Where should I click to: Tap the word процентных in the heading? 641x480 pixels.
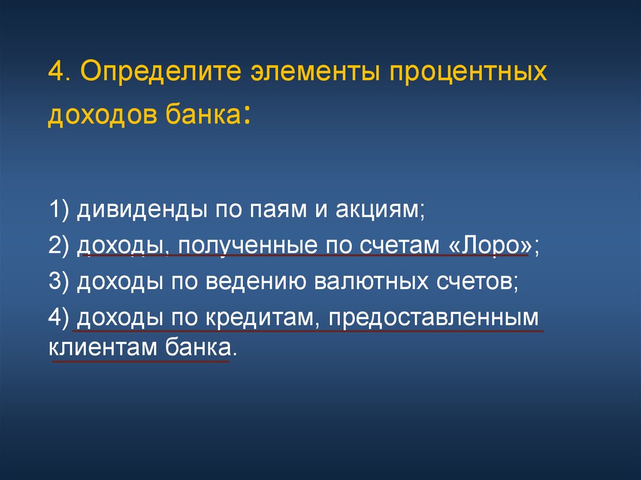pos(469,74)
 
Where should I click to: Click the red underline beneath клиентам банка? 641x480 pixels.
pos(141,361)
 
